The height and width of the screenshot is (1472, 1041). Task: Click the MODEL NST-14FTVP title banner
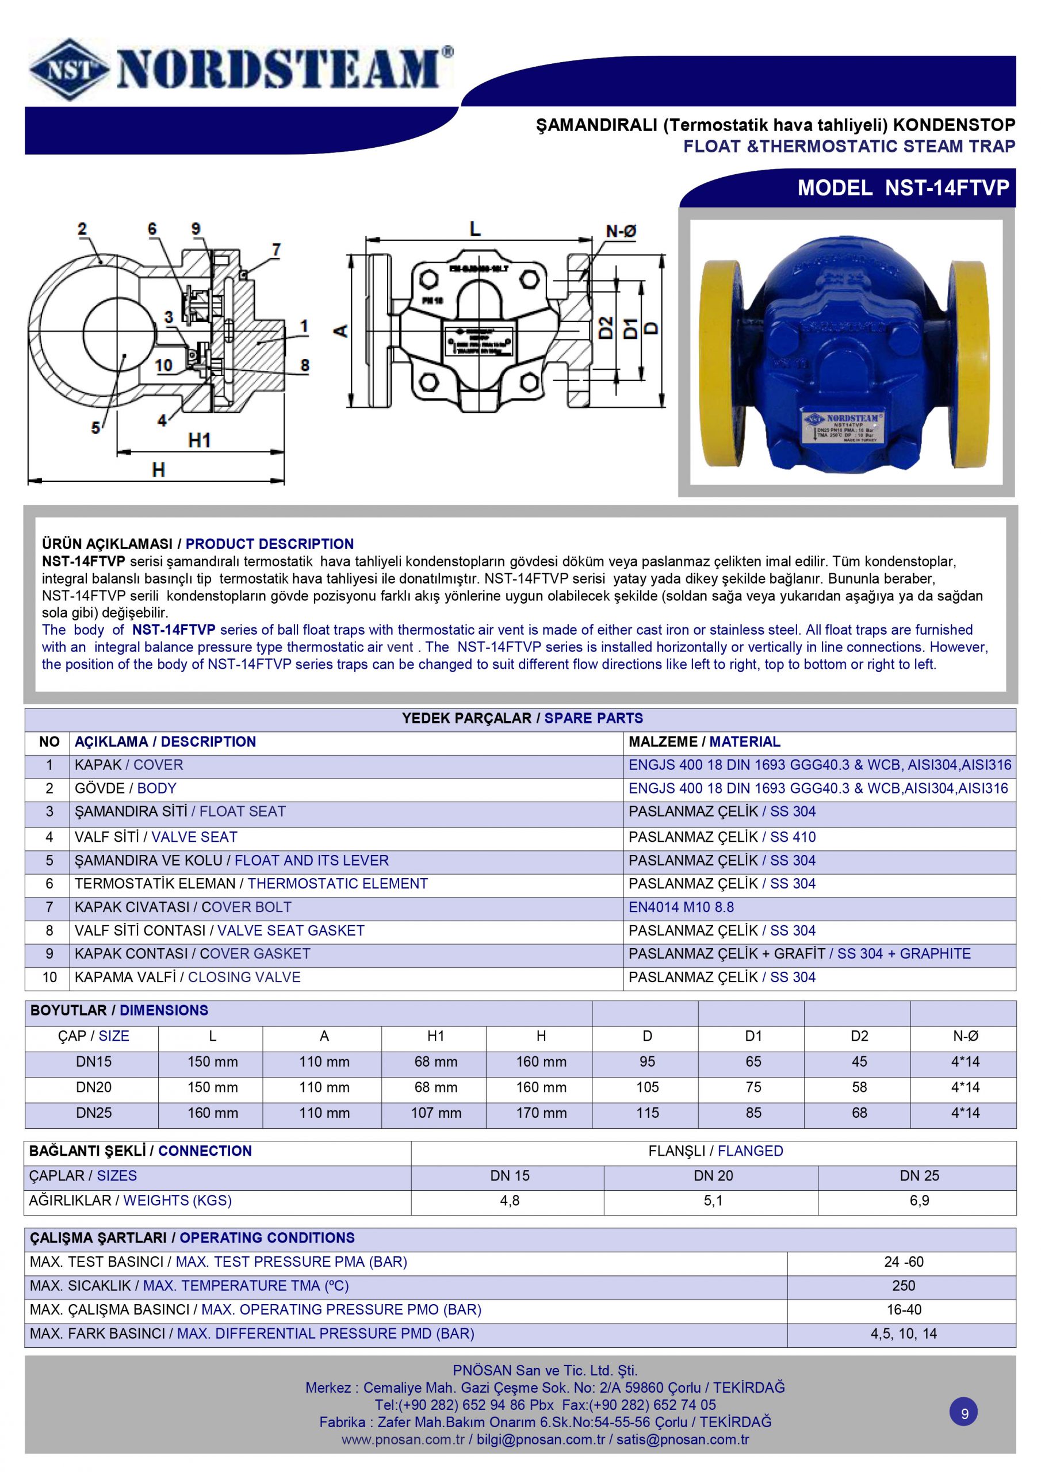[x=902, y=188]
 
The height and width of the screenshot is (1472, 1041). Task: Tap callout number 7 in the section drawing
[x=276, y=250]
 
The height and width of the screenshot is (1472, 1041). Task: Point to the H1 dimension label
[x=199, y=440]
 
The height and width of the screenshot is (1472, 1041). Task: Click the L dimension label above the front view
[x=474, y=229]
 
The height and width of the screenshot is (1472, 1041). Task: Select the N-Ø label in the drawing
[x=621, y=232]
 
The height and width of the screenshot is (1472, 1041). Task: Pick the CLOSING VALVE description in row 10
[x=244, y=977]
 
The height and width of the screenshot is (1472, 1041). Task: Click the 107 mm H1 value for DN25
[x=435, y=1113]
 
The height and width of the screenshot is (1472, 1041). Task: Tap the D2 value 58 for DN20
[x=859, y=1087]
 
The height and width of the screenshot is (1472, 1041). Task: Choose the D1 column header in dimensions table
[x=753, y=1036]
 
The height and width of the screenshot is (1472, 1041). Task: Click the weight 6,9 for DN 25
[x=918, y=1201]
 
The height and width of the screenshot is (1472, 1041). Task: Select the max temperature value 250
[x=903, y=1286]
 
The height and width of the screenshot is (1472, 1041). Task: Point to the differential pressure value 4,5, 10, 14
[x=903, y=1333]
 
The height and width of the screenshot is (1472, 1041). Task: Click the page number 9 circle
[x=964, y=1413]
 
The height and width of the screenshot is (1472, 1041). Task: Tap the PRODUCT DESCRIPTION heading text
[x=269, y=544]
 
